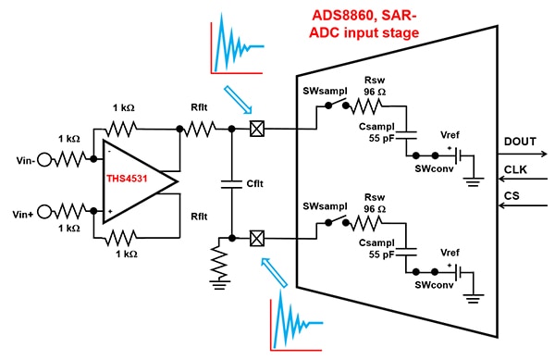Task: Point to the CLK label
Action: coord(516,169)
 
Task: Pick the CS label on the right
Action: coord(512,196)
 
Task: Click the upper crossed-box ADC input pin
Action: coord(258,133)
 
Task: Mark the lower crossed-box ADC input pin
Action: coord(258,239)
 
